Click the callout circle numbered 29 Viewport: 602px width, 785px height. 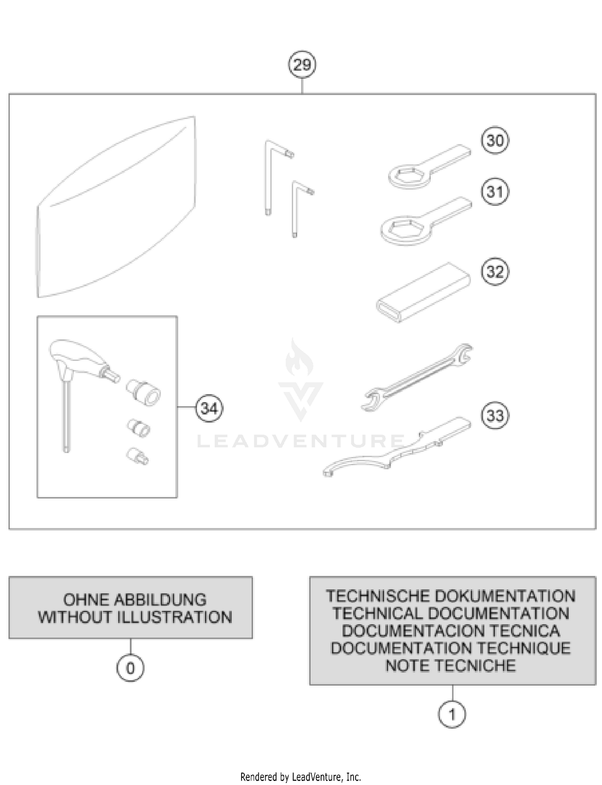(302, 65)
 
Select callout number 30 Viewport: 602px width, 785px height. (494, 140)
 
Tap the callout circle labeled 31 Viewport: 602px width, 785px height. (494, 192)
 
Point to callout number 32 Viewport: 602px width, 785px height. (494, 272)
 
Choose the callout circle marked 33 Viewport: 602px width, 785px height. (494, 415)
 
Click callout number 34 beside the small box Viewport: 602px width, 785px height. (209, 409)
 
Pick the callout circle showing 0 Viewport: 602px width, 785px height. (130, 668)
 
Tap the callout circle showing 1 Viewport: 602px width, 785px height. (452, 714)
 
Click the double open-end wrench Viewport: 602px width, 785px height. (417, 377)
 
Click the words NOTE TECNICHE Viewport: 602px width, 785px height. (450, 665)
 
